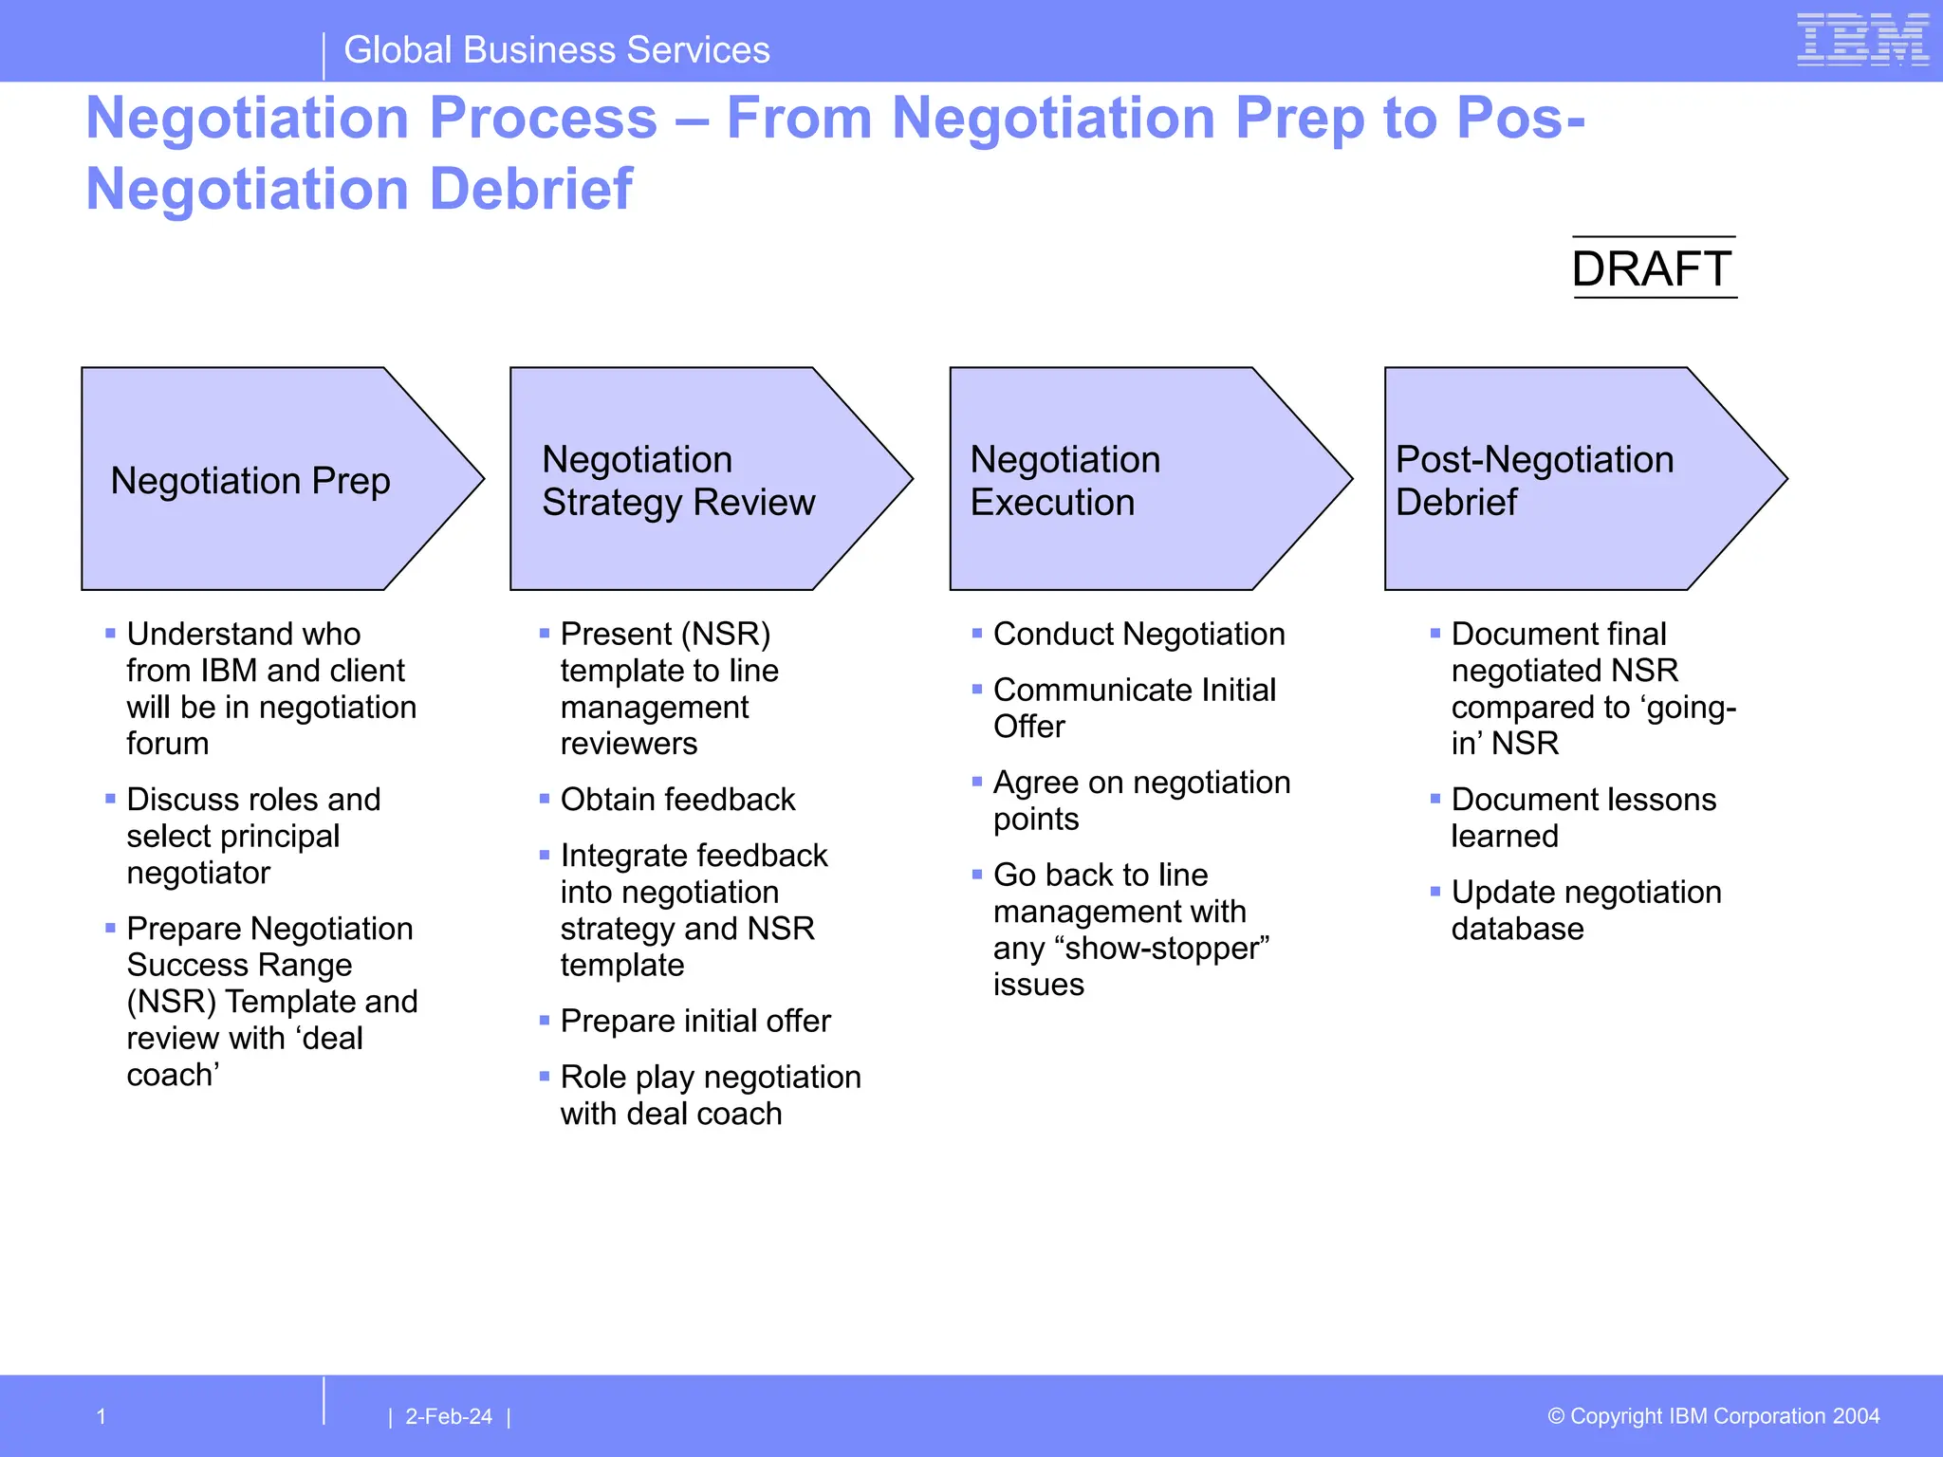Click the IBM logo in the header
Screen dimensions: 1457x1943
click(x=1862, y=41)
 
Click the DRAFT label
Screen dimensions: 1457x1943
click(x=1652, y=268)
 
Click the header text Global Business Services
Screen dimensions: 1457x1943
click(x=556, y=49)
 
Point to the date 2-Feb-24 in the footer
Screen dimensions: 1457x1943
click(x=449, y=1416)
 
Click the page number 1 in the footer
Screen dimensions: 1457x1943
click(x=102, y=1416)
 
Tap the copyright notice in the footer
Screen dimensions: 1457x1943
click(x=1713, y=1416)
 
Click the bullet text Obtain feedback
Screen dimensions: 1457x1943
click(x=677, y=800)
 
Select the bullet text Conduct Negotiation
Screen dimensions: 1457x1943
click(x=1138, y=634)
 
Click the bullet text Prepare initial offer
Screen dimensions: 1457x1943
click(x=695, y=1021)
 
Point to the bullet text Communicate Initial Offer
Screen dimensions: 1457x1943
click(x=1134, y=708)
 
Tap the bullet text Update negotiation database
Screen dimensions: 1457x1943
click(x=1585, y=910)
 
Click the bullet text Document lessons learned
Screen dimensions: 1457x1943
click(x=1582, y=818)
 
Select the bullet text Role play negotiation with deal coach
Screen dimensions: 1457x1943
click(x=710, y=1095)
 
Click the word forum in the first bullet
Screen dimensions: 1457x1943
click(x=168, y=744)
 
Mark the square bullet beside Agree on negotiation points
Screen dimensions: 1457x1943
click(x=977, y=782)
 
